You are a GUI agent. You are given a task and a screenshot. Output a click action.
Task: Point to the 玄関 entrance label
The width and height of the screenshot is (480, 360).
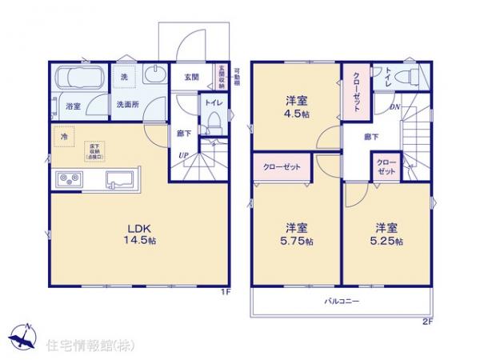[x=191, y=77]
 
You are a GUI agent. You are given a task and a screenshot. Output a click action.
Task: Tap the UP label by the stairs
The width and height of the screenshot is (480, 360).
[x=183, y=154]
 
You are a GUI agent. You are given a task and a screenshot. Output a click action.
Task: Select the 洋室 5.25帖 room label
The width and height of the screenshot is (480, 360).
[x=387, y=232]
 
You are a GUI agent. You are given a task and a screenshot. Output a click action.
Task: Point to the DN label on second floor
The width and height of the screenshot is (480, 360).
[x=394, y=107]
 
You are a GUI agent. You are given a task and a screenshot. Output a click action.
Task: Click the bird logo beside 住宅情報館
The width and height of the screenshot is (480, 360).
[x=22, y=334]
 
